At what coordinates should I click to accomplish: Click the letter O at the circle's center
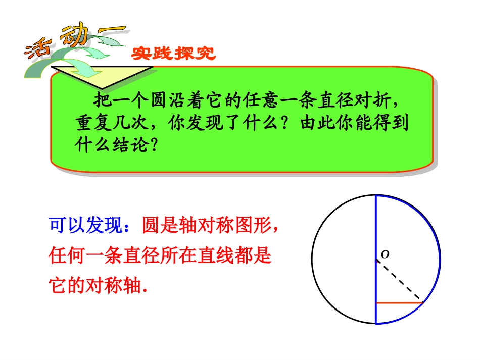[x=385, y=254]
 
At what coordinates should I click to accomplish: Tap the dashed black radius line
[x=399, y=281]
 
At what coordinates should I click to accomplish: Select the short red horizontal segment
[x=399, y=302]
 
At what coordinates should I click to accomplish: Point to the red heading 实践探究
[x=173, y=54]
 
